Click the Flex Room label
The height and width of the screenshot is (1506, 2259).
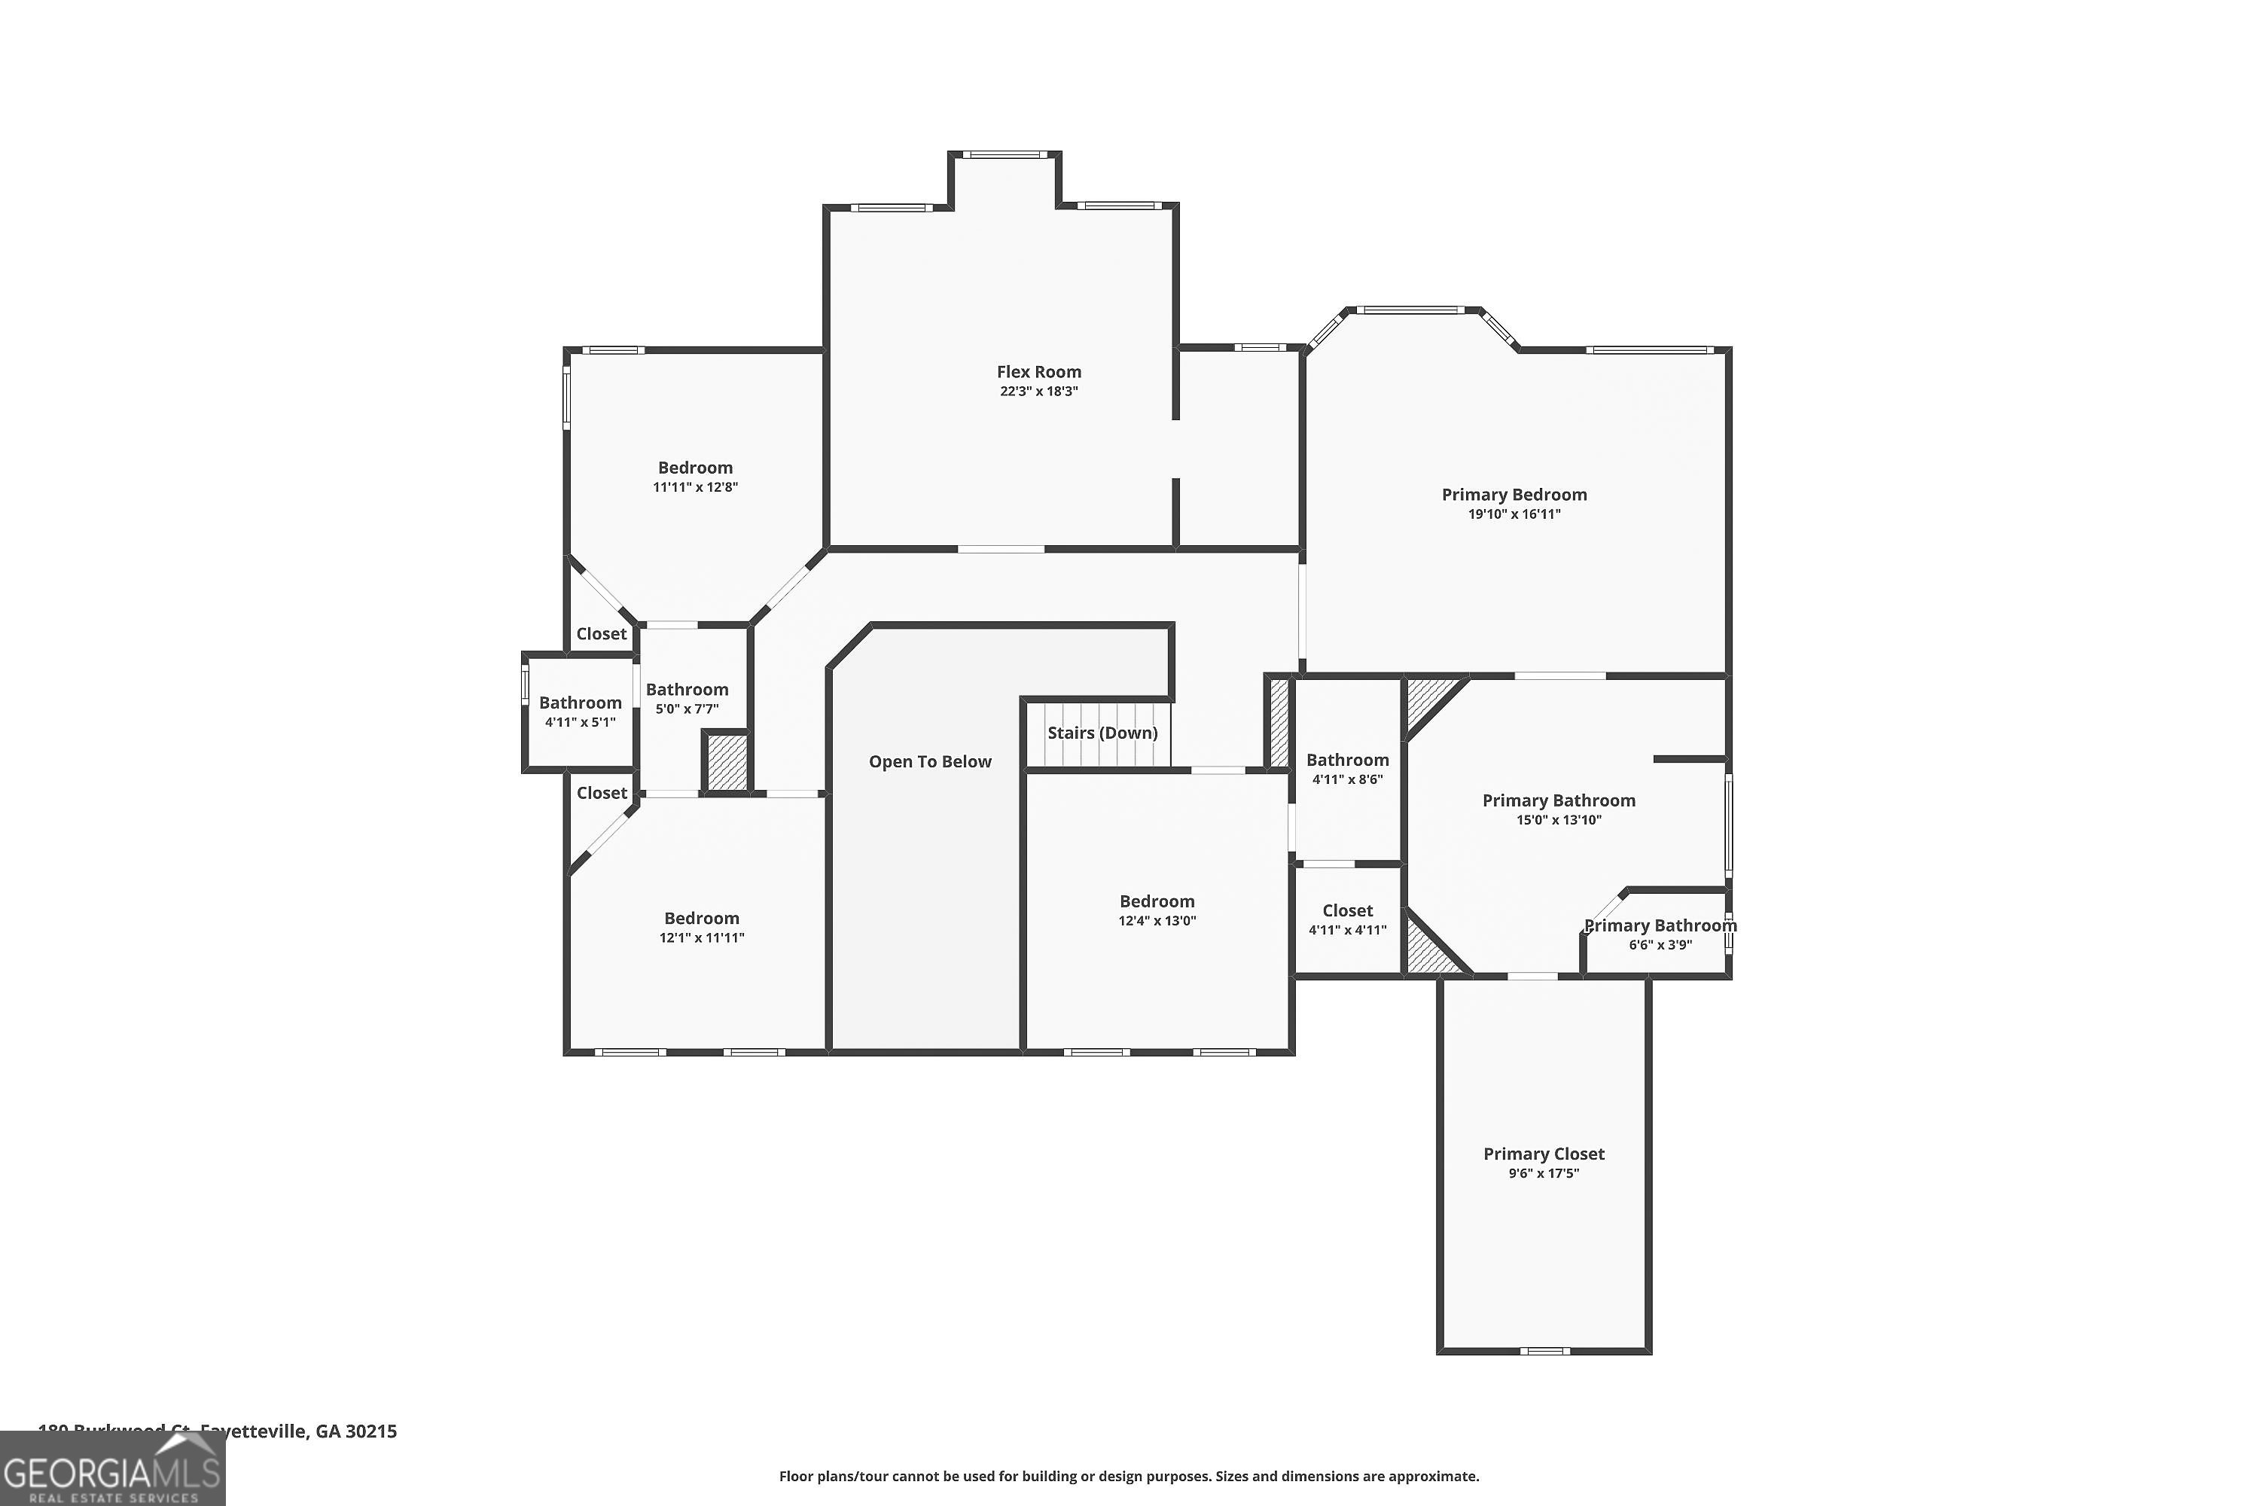coord(1038,372)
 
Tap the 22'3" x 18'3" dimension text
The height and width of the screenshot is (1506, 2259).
coord(1038,392)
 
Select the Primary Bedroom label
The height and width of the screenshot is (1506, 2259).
coord(1514,495)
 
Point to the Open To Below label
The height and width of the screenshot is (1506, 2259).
coord(930,761)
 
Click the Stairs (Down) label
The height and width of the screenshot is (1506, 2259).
coord(1102,733)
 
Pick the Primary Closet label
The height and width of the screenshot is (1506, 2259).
coord(1544,1154)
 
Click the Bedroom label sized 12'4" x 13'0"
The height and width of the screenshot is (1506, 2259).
coord(1157,901)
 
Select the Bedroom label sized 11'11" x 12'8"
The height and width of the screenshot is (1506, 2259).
coord(694,468)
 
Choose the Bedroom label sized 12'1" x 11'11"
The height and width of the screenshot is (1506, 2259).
coord(701,918)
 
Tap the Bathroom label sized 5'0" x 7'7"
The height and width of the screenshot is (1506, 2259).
coord(687,690)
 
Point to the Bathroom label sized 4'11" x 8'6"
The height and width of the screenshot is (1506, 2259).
coord(1346,760)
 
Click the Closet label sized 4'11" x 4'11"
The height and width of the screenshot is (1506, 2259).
coord(1346,910)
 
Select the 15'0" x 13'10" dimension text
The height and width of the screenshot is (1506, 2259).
coord(1558,820)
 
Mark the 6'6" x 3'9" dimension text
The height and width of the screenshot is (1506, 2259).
coord(1660,945)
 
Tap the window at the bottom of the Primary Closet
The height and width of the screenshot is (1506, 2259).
coord(1544,1350)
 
